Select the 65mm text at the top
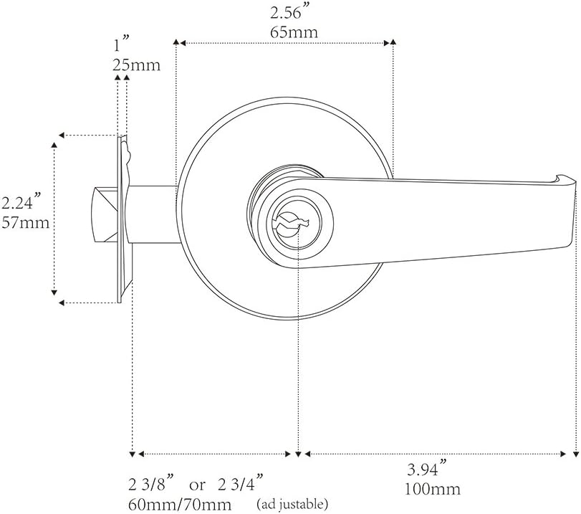[294, 33]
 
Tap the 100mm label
[433, 490]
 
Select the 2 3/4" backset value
[240, 480]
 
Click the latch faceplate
[121, 215]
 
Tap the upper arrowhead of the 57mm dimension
[54, 145]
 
